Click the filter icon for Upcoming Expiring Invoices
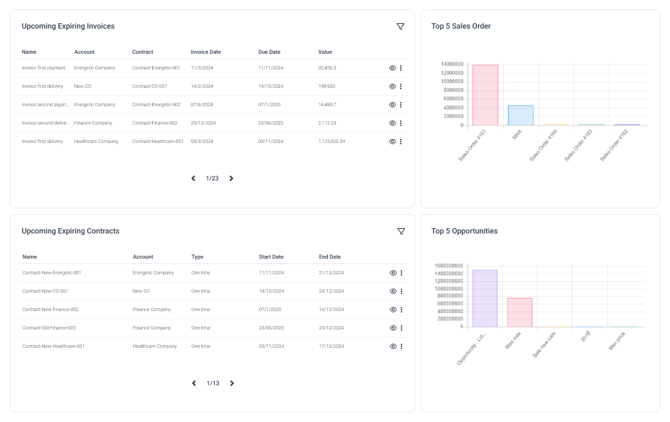pyautogui.click(x=400, y=27)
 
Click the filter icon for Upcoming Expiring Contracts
pyautogui.click(x=401, y=231)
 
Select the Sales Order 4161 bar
pyautogui.click(x=485, y=95)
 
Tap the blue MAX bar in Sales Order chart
pyautogui.click(x=520, y=115)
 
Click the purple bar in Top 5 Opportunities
pyautogui.click(x=485, y=298)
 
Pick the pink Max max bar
pyautogui.click(x=519, y=312)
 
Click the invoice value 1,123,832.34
pyautogui.click(x=331, y=142)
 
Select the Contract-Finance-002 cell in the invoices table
pyautogui.click(x=155, y=123)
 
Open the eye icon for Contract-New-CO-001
pyautogui.click(x=393, y=291)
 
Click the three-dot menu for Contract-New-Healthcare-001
pyautogui.click(x=401, y=346)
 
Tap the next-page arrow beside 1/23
pyautogui.click(x=231, y=178)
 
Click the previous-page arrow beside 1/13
pyautogui.click(x=194, y=383)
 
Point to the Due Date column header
pyautogui.click(x=269, y=52)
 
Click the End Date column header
pyautogui.click(x=330, y=257)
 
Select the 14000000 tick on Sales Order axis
pyautogui.click(x=452, y=65)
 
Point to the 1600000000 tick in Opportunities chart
pyautogui.click(x=449, y=266)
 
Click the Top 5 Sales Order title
pyautogui.click(x=461, y=27)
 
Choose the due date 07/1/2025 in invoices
pyautogui.click(x=270, y=105)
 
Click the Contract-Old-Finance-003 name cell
pyautogui.click(x=49, y=328)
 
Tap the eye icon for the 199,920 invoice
pyautogui.click(x=392, y=86)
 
